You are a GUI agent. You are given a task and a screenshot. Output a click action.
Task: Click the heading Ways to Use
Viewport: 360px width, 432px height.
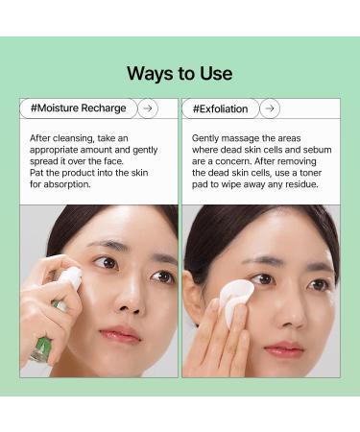[180, 74]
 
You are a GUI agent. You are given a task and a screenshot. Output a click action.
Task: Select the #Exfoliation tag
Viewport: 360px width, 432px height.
[221, 108]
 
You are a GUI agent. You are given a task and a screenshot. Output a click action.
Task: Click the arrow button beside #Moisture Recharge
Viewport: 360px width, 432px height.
[147, 108]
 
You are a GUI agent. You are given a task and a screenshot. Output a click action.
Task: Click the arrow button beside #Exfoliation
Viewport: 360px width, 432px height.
[270, 108]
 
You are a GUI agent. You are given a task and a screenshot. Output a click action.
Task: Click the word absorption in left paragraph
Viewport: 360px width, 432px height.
[70, 184]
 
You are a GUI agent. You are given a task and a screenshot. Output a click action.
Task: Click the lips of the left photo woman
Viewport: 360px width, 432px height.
[120, 335]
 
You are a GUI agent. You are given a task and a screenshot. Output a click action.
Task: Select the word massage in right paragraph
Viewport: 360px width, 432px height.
[247, 137]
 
